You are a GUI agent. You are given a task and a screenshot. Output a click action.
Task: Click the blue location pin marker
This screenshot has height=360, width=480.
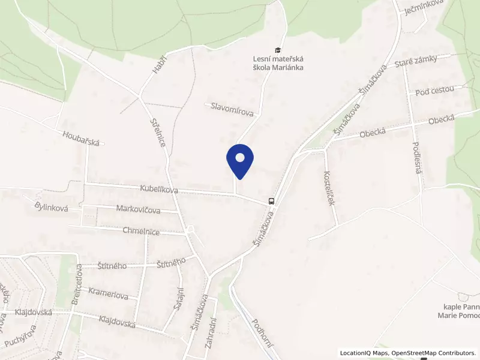click(240, 161)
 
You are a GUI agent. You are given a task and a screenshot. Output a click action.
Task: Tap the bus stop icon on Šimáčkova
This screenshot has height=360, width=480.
click(271, 202)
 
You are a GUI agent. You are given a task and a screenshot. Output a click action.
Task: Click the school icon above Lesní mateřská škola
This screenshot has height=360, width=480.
click(277, 50)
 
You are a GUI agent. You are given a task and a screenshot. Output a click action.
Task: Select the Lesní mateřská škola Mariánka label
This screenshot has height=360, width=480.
click(277, 63)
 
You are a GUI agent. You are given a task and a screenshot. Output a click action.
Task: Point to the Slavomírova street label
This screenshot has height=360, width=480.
click(233, 109)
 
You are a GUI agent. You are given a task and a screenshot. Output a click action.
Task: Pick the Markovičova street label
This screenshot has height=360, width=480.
click(138, 210)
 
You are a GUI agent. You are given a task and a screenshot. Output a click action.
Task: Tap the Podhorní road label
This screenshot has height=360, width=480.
click(263, 332)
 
